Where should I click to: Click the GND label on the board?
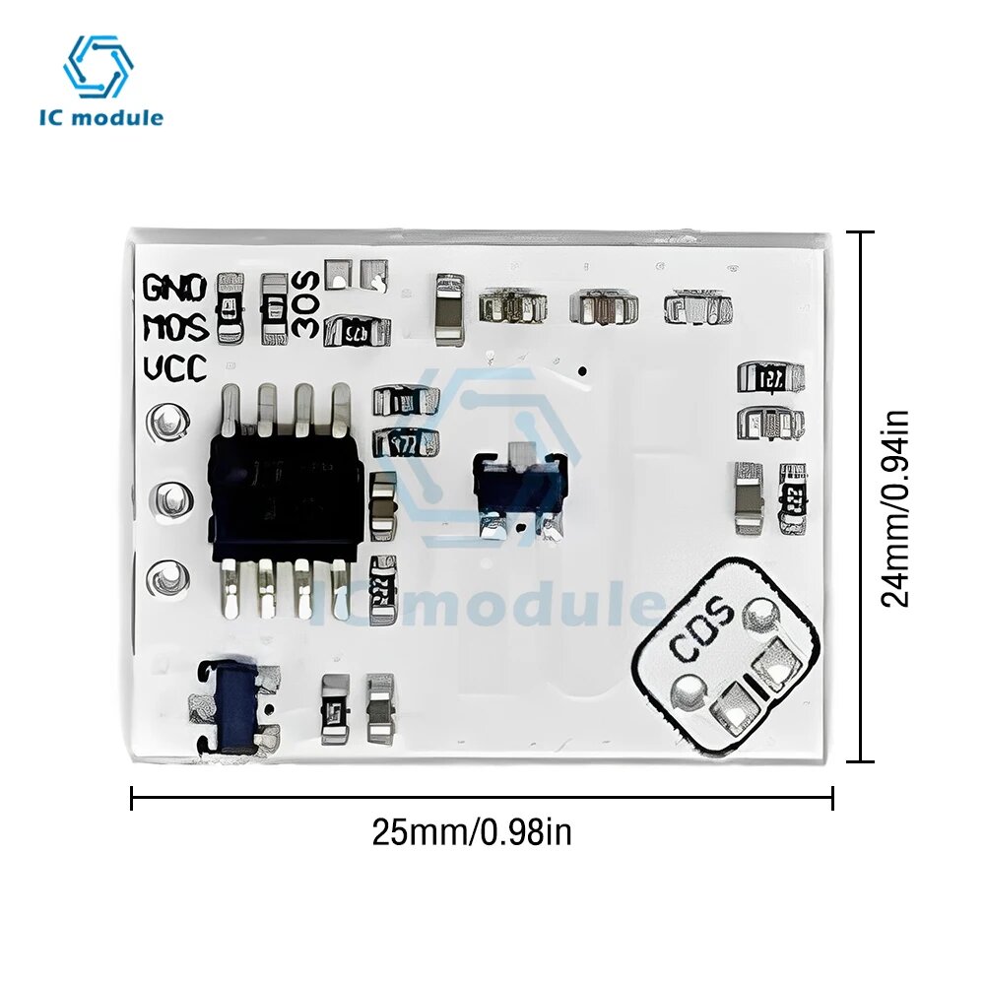click(x=174, y=288)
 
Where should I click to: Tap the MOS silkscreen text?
click(x=174, y=327)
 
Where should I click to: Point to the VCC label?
click(x=174, y=368)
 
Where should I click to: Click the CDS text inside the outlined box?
click(x=701, y=629)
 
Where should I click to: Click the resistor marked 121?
click(x=770, y=376)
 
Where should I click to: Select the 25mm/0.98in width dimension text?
click(x=472, y=833)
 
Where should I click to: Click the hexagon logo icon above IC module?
click(x=98, y=67)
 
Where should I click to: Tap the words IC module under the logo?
click(x=100, y=118)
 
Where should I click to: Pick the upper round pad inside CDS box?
click(x=760, y=615)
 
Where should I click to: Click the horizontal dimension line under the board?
click(x=482, y=798)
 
